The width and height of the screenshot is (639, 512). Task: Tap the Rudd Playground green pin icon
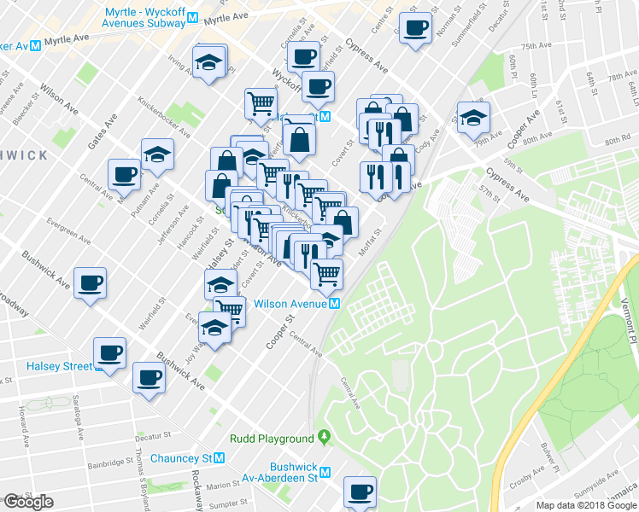pos(324,438)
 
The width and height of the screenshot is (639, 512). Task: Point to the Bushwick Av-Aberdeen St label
pos(294,473)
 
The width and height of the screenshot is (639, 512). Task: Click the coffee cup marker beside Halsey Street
pos(110,352)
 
